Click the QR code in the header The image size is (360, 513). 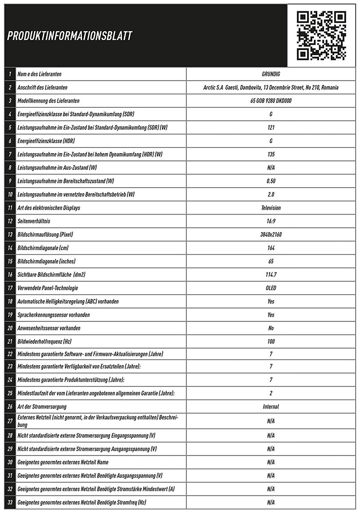tap(322, 35)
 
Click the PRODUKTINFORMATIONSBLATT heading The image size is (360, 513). tap(70, 36)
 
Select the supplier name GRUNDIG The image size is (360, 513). tap(271, 74)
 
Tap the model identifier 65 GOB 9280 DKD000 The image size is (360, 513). tap(271, 101)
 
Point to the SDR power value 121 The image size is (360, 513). tap(271, 127)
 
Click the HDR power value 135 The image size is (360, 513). tap(271, 154)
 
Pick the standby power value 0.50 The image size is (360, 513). tap(271, 181)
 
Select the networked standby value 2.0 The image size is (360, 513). tap(271, 195)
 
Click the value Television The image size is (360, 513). tap(271, 208)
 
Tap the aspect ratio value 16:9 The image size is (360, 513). tap(271, 221)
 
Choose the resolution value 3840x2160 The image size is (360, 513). tap(271, 235)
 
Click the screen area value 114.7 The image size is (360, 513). tap(271, 274)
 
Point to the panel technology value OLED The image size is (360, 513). tap(271, 288)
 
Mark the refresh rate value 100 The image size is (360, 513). tap(271, 342)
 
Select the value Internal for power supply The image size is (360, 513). tap(271, 407)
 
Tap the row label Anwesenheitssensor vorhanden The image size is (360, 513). tap(49, 328)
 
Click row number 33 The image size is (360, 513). tap(10, 502)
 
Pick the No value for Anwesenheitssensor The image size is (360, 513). tap(271, 328)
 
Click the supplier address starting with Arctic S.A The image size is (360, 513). tap(271, 88)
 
